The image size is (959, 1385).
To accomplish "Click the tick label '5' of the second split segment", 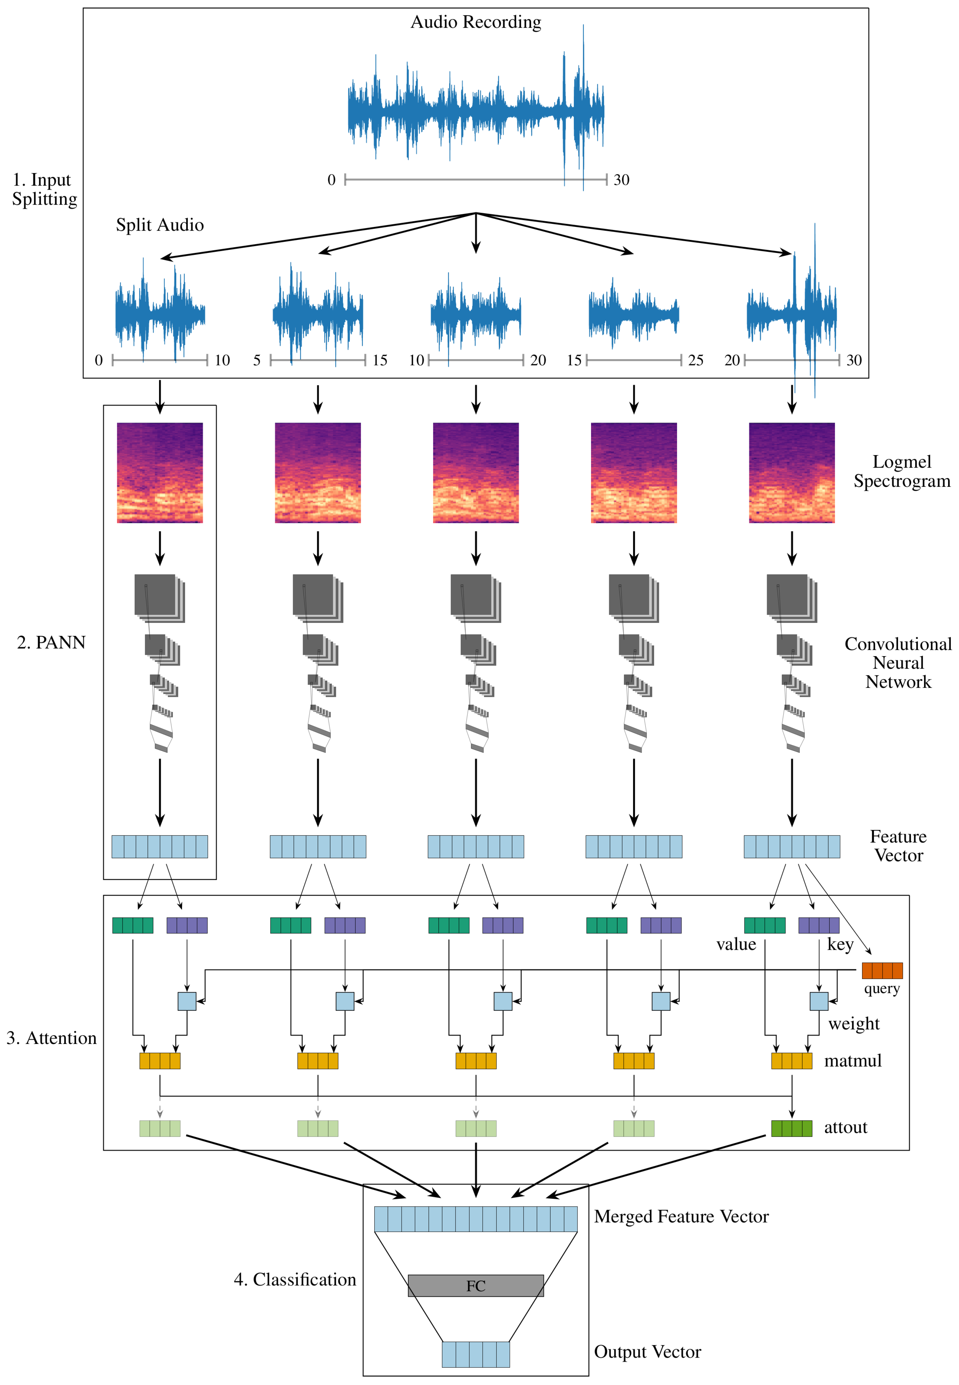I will [x=257, y=360].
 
